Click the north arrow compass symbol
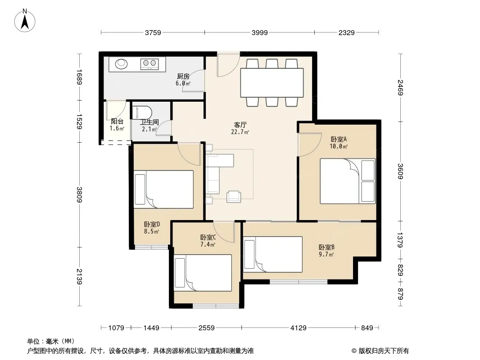click(25, 20)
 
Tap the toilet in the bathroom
click(142, 112)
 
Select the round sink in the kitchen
click(121, 63)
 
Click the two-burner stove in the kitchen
click(149, 64)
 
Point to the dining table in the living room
click(272, 83)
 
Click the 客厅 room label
click(240, 125)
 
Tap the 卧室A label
click(339, 139)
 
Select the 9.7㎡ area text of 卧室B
click(326, 254)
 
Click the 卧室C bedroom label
click(208, 237)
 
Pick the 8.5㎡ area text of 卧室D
click(152, 232)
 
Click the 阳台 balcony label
click(117, 121)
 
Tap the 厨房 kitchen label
click(183, 76)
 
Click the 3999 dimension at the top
click(260, 32)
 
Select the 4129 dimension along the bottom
click(298, 328)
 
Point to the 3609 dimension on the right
click(400, 171)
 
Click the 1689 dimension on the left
click(79, 77)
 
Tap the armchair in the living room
click(234, 197)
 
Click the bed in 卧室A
click(348, 181)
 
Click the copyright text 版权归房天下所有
click(384, 351)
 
